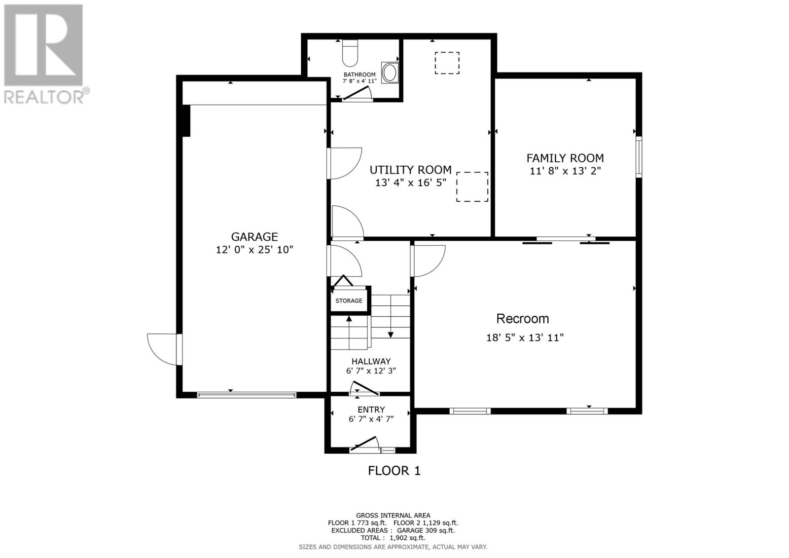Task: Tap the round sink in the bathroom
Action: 390,73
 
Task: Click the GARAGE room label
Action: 254,237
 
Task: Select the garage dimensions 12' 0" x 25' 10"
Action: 254,250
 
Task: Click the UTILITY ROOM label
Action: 410,170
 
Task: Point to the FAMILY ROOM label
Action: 565,158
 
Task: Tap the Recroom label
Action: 522,319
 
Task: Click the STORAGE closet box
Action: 349,300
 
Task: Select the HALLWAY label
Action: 371,361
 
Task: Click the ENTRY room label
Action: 371,409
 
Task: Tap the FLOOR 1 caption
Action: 394,471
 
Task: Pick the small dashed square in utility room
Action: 447,63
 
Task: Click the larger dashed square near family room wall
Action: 472,186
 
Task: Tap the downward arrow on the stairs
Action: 391,335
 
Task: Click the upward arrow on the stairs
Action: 349,319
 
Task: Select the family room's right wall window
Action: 638,157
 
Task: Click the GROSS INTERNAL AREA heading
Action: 393,515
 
